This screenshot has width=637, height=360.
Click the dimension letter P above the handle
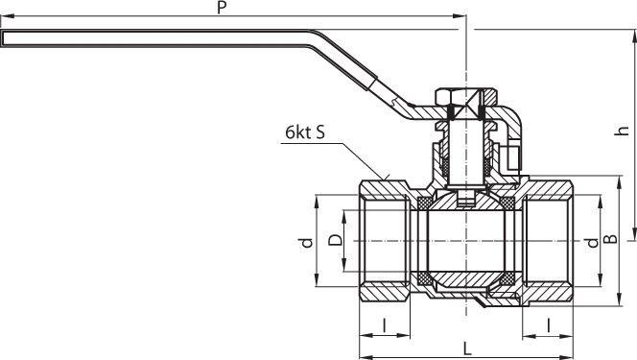pyautogui.click(x=222, y=7)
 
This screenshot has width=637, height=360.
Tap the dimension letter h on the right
pyautogui.click(x=622, y=131)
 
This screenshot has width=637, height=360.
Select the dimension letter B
pyautogui.click(x=610, y=239)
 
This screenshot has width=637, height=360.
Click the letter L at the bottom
pyautogui.click(x=467, y=348)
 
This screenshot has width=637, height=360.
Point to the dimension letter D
pyautogui.click(x=335, y=240)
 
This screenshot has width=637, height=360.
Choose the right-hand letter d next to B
pyautogui.click(x=593, y=243)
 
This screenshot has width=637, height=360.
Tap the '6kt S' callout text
pyautogui.click(x=305, y=132)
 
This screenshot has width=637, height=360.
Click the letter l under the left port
pyautogui.click(x=385, y=324)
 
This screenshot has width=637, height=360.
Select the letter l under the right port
pyautogui.click(x=549, y=324)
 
